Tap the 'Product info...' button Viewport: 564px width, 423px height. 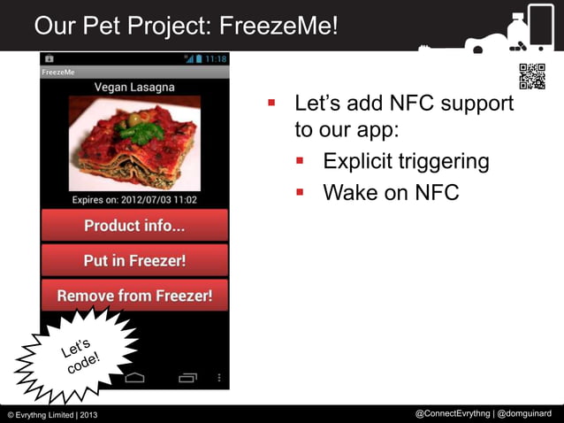pyautogui.click(x=134, y=226)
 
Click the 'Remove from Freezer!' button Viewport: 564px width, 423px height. pyautogui.click(x=134, y=296)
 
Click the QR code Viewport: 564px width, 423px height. pyautogui.click(x=531, y=77)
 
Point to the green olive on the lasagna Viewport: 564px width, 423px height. pyautogui.click(x=133, y=119)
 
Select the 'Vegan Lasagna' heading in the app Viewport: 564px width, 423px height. pyautogui.click(x=134, y=88)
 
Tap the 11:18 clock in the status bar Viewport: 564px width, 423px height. pyautogui.click(x=216, y=58)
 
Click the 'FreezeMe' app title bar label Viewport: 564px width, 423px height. pyautogui.click(x=58, y=72)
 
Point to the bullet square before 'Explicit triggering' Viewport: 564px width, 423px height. pyautogui.click(x=301, y=161)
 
